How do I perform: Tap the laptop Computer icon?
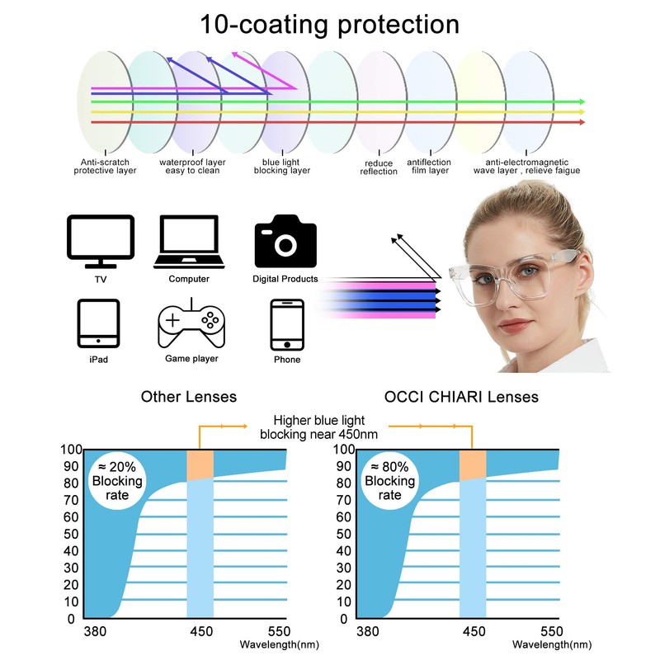tap(188, 242)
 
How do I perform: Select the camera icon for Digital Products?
tap(285, 240)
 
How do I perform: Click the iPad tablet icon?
tap(99, 323)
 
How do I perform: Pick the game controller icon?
tap(191, 323)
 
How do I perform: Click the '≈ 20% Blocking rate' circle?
tap(117, 481)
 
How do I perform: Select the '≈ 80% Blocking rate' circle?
tap(390, 481)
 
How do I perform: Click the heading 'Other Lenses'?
tap(189, 397)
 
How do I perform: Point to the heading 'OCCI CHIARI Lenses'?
tap(461, 397)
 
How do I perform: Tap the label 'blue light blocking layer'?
tap(282, 167)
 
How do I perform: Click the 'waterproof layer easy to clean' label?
tap(192, 167)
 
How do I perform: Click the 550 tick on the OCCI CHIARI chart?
tap(550, 632)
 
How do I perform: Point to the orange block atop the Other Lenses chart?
tap(200, 464)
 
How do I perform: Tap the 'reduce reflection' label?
tap(379, 167)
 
